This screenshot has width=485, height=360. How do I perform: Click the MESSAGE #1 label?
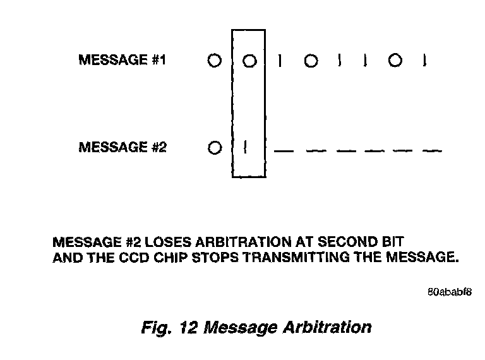pyautogui.click(x=122, y=61)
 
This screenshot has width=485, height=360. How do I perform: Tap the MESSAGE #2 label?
pyautogui.click(x=122, y=148)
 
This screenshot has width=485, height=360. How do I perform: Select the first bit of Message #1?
pyautogui.click(x=214, y=61)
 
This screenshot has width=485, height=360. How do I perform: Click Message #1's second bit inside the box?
pyautogui.click(x=249, y=61)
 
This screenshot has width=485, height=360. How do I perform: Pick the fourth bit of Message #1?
pyautogui.click(x=310, y=61)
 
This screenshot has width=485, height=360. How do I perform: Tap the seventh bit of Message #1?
pyautogui.click(x=395, y=61)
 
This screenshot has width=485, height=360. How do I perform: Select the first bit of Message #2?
pyautogui.click(x=214, y=148)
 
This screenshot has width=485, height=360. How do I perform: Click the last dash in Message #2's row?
pyautogui.click(x=431, y=152)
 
